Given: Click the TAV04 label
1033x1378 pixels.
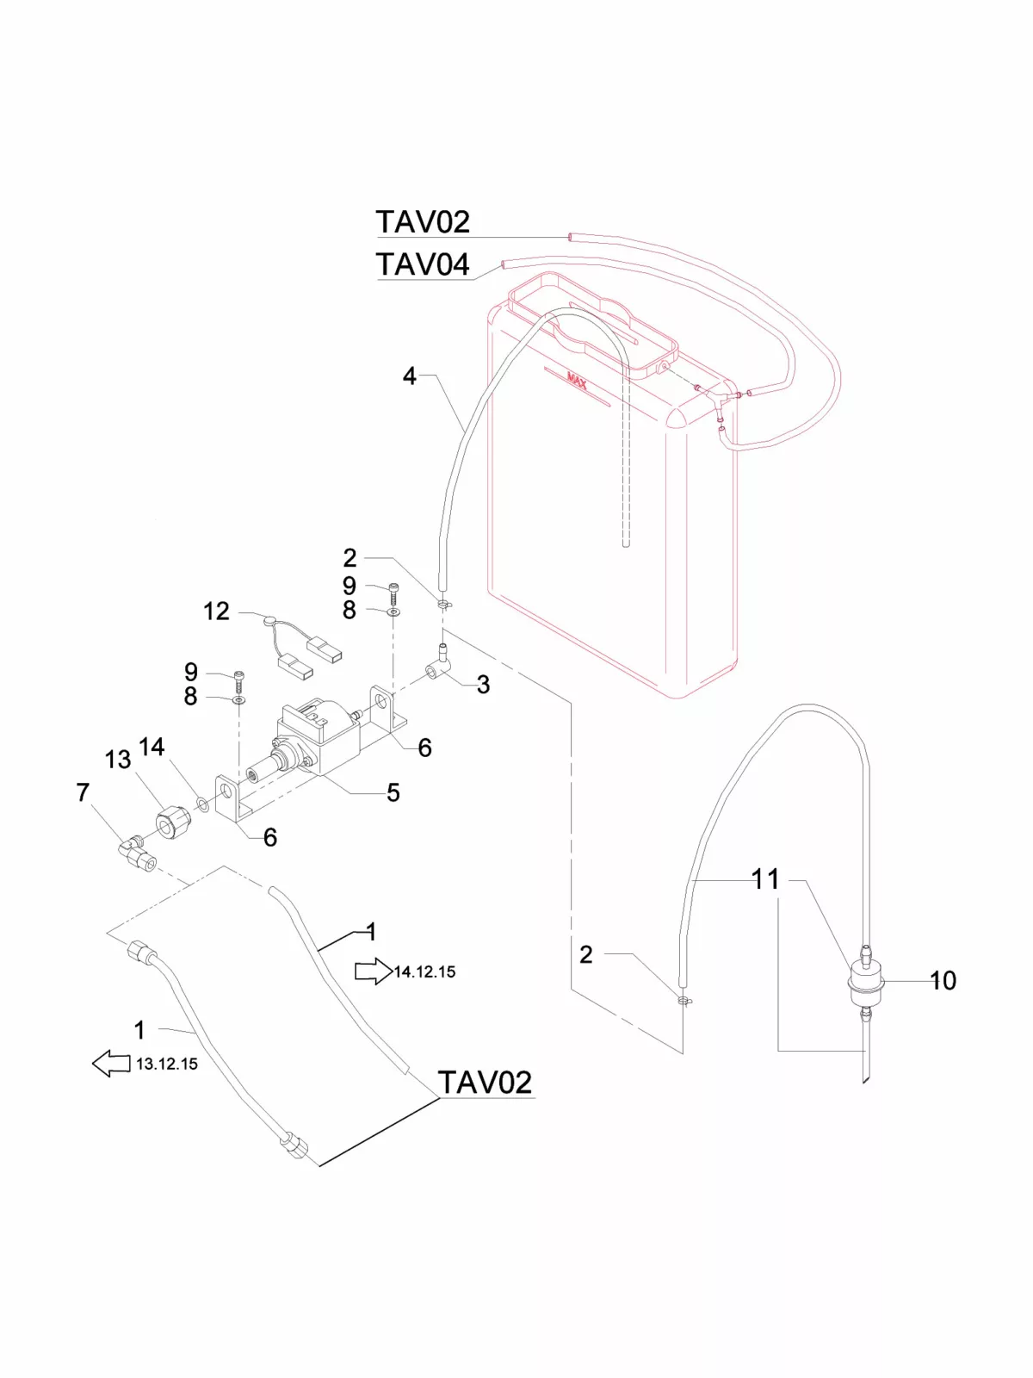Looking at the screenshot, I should coord(423,264).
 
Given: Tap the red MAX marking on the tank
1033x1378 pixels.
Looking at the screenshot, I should coord(577,381).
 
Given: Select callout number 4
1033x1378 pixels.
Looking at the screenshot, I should coord(410,376).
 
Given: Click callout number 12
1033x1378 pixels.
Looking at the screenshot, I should coord(216,611).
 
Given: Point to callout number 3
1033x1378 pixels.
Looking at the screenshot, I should coord(483,685).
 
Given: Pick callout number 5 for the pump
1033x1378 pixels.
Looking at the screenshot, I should coord(393,792).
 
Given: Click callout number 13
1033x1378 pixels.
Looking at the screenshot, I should coord(118,760).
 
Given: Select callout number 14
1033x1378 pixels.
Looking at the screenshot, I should coord(152,747).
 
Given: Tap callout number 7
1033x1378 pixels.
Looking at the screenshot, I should coord(83,792).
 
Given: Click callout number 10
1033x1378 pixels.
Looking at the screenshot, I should coord(943,980).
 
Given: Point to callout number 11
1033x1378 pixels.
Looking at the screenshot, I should coord(765,879).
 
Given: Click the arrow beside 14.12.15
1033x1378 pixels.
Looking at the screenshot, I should coord(372,971).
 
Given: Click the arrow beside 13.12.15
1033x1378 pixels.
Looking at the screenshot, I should coord(111,1064).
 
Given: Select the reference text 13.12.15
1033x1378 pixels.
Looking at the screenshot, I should coord(167,1064).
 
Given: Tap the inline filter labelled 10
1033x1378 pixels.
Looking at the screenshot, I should coord(866,982).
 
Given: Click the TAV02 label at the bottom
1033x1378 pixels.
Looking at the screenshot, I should coord(485,1083).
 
